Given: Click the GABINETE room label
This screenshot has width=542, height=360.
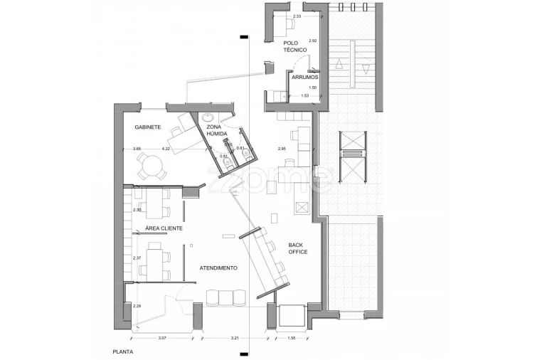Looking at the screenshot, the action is coord(148,127).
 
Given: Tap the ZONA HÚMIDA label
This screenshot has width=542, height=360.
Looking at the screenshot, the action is coord(217,130).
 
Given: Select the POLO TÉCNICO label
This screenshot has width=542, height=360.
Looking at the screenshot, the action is coord(295,47).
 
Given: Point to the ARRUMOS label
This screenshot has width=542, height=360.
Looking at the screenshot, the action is coord(305,77).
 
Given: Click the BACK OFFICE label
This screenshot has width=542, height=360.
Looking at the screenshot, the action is coord(298,248).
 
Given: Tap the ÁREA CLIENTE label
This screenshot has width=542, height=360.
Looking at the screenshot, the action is coord(164,228).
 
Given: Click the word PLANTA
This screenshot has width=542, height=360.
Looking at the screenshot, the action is coord(123,352).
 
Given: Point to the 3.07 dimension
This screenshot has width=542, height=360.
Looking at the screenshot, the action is coord(162,338).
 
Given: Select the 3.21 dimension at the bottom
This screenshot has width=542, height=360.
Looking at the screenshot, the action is coord(235,338).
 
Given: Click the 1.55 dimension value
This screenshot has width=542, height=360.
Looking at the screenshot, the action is coord(291,338).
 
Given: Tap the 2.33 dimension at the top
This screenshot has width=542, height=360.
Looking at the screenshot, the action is coord(297,16).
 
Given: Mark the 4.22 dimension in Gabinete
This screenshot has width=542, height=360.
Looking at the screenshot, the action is coord(166,149).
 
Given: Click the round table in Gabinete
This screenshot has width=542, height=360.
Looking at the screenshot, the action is coord(151,165).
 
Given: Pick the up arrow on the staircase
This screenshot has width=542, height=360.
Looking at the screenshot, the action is coord(339,65).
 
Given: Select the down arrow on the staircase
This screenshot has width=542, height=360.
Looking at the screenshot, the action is coord(366,69).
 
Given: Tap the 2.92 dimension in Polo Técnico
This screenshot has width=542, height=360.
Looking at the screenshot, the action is coord(312,41).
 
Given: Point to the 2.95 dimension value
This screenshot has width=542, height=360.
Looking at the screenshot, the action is coord(282,149).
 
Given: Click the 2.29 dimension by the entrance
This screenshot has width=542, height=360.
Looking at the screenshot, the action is coord(137,306).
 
